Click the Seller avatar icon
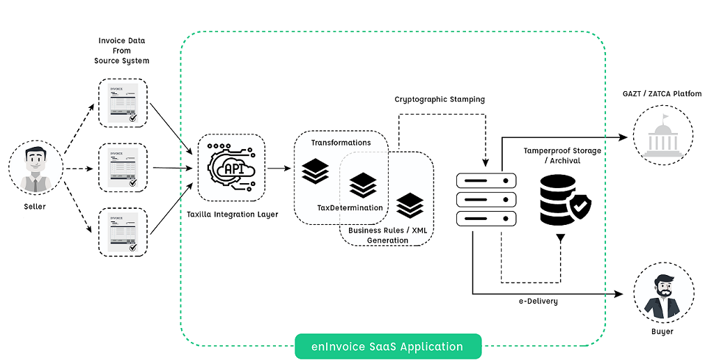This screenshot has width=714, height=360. [x=35, y=169]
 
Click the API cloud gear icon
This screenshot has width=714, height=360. [x=231, y=168]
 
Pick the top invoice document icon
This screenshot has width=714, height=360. [x=123, y=103]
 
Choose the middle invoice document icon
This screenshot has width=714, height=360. [x=123, y=168]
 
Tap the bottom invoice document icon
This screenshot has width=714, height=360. [x=123, y=231]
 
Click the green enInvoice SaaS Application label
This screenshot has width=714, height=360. [x=388, y=346]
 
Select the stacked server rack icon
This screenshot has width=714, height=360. [x=486, y=199]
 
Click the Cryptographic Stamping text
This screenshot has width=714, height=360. [x=440, y=100]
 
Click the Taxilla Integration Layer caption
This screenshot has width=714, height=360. [x=232, y=214]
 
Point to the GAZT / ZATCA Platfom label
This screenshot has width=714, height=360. [x=662, y=93]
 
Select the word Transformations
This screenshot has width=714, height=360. [x=341, y=143]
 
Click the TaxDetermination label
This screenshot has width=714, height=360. [x=350, y=208]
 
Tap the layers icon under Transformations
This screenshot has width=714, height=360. [x=316, y=171]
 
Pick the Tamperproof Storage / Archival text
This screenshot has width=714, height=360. [x=562, y=155]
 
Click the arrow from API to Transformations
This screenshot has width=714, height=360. [x=279, y=168]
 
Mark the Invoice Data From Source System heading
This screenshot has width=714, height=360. [x=122, y=51]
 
